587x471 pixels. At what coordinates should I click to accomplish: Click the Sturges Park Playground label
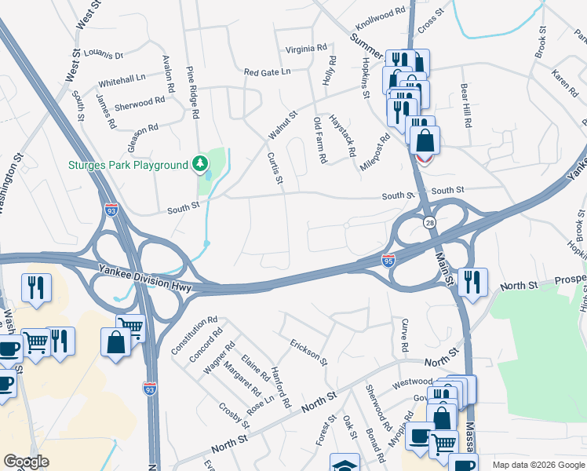[128, 165]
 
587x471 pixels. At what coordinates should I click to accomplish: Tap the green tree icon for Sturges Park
[201, 164]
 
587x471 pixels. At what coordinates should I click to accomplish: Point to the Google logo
[26, 462]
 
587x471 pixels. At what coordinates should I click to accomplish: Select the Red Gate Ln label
[267, 71]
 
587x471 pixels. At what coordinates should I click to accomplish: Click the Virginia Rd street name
[306, 48]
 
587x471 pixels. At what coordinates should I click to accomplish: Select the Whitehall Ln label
[122, 79]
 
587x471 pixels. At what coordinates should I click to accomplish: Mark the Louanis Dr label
[104, 56]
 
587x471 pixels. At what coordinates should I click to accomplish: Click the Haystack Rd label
[344, 134]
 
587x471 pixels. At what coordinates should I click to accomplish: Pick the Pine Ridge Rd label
[191, 92]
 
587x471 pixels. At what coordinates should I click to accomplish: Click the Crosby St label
[235, 415]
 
